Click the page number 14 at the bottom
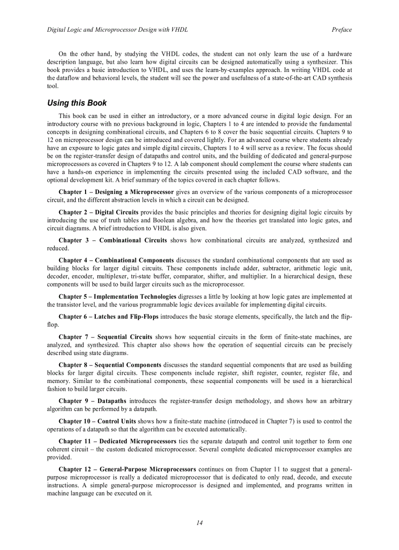pyautogui.click(x=199, y=523)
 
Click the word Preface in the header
pyautogui.click(x=341, y=30)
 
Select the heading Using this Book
pyautogui.click(x=77, y=103)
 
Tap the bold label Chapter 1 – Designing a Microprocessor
pyautogui.click(x=116, y=192)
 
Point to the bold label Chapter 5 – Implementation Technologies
pyautogui.click(x=117, y=296)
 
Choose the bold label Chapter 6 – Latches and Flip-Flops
pyautogui.click(x=109, y=316)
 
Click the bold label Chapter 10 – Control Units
pyautogui.click(x=97, y=421)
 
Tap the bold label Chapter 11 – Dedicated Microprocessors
pyautogui.click(x=117, y=441)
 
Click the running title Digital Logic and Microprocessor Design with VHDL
pyautogui.click(x=117, y=30)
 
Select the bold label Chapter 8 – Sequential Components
pyautogui.click(x=110, y=365)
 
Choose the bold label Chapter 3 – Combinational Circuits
pyautogui.click(x=112, y=240)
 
